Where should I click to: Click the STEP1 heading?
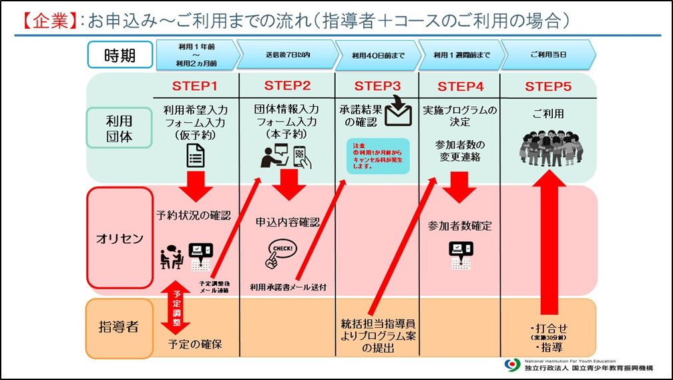tap(195, 86)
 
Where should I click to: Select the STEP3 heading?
tap(377, 86)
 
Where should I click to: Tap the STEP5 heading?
tap(547, 86)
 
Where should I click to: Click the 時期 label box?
tap(120, 55)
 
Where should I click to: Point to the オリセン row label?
tap(120, 238)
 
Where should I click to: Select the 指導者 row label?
tap(120, 327)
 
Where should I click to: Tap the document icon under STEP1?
tap(195, 155)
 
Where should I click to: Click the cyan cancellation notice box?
tap(378, 157)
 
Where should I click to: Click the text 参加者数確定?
tap(460, 226)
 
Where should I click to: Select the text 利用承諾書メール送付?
tap(289, 287)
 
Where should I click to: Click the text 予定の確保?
tap(195, 345)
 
